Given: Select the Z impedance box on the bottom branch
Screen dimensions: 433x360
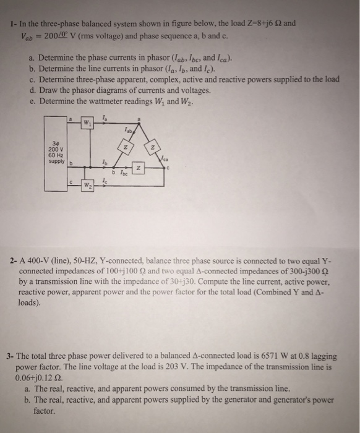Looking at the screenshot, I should [140, 168].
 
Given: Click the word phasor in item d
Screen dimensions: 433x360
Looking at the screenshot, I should [77, 91].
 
